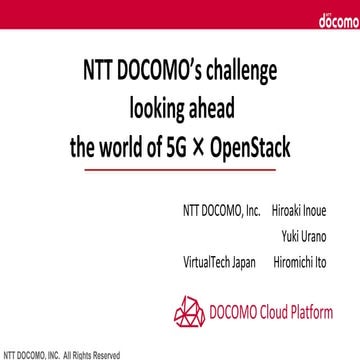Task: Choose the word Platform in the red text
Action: [x=318, y=312]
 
